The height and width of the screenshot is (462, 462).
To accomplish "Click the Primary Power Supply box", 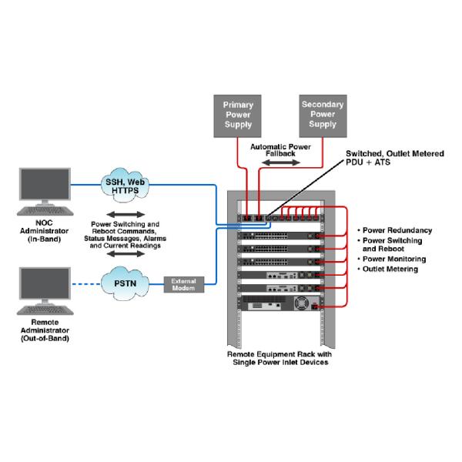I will (238, 114).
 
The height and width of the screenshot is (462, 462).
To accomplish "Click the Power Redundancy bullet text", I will (397, 230).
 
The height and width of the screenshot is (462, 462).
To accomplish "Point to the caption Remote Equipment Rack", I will (279, 357).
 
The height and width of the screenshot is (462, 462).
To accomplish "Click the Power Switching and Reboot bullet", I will (397, 245).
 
